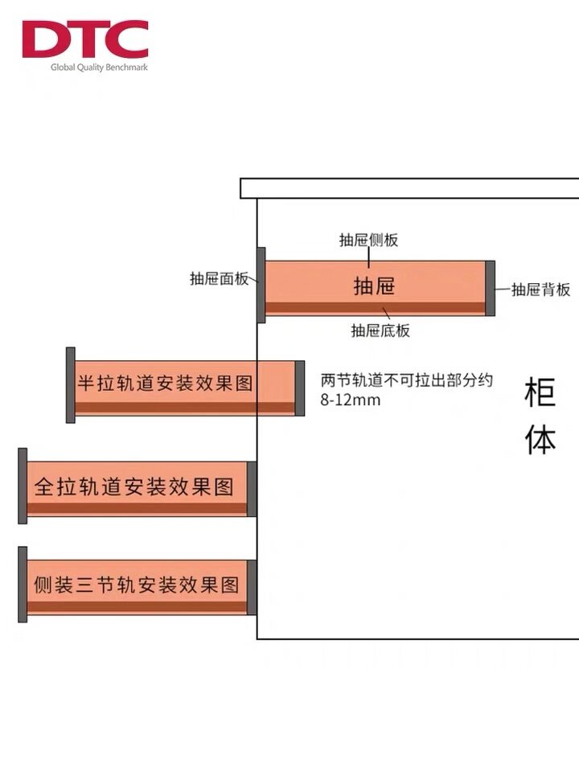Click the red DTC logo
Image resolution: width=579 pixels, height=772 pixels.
[84, 39]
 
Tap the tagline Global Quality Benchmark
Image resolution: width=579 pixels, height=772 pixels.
[99, 68]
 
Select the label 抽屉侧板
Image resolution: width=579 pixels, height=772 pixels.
[368, 240]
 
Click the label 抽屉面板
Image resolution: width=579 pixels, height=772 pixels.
[219, 279]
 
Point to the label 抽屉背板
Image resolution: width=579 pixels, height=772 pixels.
[541, 289]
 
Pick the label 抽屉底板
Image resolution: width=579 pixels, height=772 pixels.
[380, 330]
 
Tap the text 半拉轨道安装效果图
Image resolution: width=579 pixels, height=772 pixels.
[165, 382]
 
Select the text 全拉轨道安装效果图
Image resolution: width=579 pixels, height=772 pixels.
[133, 487]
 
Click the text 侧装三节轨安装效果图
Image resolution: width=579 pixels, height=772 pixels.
[136, 585]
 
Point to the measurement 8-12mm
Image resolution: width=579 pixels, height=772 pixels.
[351, 400]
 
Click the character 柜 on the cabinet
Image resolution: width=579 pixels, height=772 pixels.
[540, 395]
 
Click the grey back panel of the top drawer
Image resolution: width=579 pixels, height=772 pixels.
[491, 288]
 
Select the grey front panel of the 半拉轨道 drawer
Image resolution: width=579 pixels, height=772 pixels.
[71, 385]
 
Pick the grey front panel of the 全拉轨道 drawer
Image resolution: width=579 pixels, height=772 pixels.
[23, 486]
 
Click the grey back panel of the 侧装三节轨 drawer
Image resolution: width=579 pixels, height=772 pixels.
[252, 587]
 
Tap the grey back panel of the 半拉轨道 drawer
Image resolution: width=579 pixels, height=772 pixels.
[300, 388]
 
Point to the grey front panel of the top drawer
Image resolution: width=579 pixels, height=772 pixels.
[261, 285]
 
